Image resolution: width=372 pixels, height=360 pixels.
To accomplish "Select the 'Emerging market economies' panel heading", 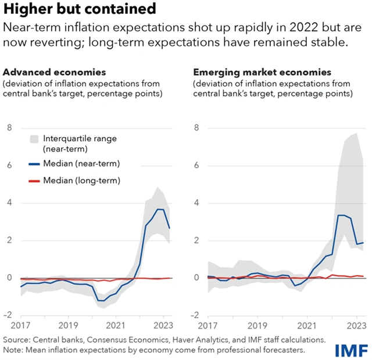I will coord(262,73).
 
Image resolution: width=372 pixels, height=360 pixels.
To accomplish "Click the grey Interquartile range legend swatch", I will coord(35,139).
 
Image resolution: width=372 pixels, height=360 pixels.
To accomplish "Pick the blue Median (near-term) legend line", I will coord(35,164).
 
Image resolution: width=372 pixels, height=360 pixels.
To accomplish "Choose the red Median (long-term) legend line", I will coord(35,181).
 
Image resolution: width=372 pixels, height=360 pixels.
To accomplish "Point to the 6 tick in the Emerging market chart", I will coord(196,165).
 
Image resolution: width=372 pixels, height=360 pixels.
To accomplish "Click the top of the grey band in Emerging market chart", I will coord(356,133).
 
